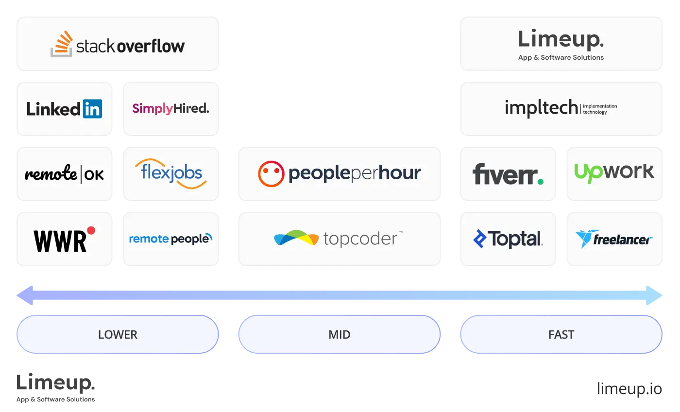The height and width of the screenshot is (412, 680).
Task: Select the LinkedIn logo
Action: coord(64,109)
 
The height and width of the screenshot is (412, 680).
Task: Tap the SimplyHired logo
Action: coord(170,108)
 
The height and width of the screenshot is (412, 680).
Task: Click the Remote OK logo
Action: coord(64,174)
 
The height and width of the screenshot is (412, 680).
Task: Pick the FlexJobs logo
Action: coord(170,173)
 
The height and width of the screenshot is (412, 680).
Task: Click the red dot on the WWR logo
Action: coord(91,230)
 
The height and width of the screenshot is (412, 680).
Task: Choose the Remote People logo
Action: coord(170,239)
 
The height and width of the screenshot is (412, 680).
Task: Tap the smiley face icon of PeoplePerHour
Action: coord(271,173)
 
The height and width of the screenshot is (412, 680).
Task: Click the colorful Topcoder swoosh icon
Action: coord(296,238)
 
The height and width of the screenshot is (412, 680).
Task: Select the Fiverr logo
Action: coord(508,174)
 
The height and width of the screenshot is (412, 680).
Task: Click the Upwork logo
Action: coord(614,172)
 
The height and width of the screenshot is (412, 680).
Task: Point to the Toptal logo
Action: coord(508,239)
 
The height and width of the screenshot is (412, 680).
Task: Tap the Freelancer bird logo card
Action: coord(614,239)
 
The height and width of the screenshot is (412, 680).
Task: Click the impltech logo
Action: coord(561,108)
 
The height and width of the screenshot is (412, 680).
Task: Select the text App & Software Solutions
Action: coord(561,57)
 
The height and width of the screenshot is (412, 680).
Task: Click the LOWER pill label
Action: coord(118,334)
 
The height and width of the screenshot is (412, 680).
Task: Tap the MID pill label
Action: coord(339,334)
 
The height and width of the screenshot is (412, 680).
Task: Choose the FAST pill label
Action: coord(561,334)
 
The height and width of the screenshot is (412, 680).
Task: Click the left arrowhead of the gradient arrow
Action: coord(25,295)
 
